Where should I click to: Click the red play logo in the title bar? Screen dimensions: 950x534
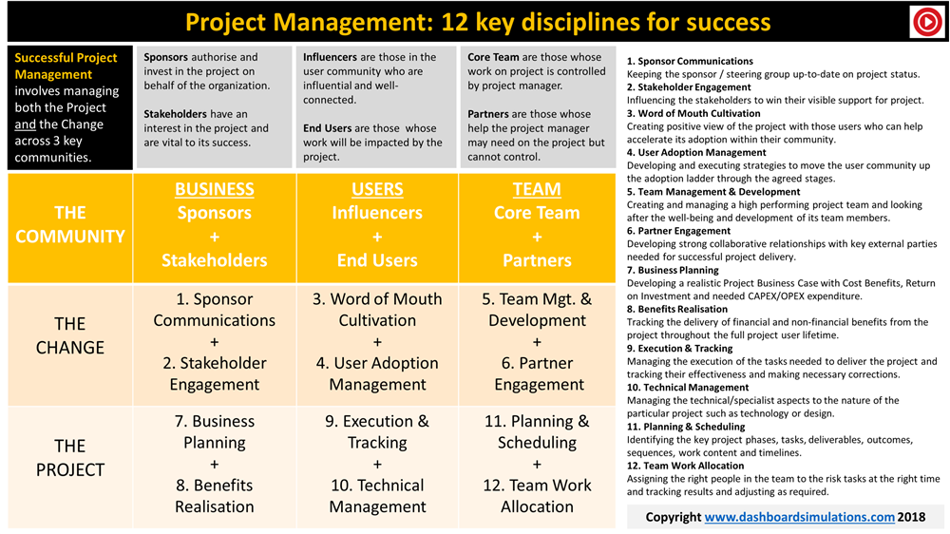pyautogui.click(x=927, y=22)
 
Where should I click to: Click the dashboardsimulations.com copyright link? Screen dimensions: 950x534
pyautogui.click(x=799, y=517)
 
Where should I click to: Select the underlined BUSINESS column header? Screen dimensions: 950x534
pyautogui.click(x=215, y=189)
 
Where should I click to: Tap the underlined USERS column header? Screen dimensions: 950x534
pyautogui.click(x=377, y=189)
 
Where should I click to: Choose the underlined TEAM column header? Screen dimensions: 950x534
pyautogui.click(x=537, y=189)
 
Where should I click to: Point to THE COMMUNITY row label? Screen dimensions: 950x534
pyautogui.click(x=70, y=224)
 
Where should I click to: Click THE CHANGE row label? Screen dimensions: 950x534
pyautogui.click(x=70, y=335)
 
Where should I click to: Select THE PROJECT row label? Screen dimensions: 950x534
pyautogui.click(x=70, y=458)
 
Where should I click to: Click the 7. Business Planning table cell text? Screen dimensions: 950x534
pyautogui.click(x=215, y=431)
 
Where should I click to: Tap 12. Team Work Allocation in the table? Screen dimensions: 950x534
pyautogui.click(x=537, y=496)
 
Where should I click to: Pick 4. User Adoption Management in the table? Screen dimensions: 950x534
pyautogui.click(x=377, y=373)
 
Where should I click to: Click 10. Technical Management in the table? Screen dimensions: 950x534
pyautogui.click(x=377, y=496)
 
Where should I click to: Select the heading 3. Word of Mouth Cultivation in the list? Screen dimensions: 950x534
pyautogui.click(x=693, y=113)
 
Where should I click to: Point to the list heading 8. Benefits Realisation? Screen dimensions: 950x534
pyautogui.click(x=676, y=309)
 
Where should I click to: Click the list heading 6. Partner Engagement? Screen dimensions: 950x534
pyautogui.click(x=678, y=231)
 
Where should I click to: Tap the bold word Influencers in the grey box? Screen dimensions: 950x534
pyautogui.click(x=331, y=57)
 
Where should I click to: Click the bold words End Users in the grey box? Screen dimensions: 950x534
pyautogui.click(x=327, y=128)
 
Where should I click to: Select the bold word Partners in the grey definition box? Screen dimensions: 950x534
pyautogui.click(x=487, y=114)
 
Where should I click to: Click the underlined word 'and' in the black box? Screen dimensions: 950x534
pyautogui.click(x=26, y=124)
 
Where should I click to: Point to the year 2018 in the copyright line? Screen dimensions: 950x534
pyautogui.click(x=911, y=517)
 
